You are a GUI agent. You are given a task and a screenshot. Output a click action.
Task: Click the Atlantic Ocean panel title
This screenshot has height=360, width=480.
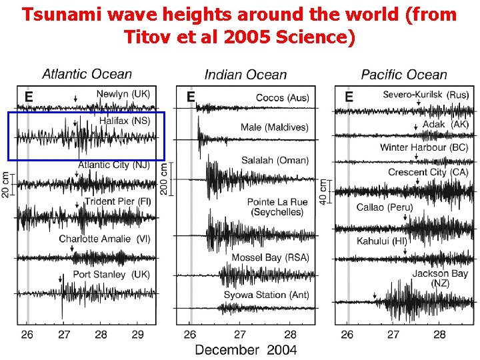tap(87, 75)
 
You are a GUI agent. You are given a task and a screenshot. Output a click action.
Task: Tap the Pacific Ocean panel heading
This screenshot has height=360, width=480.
tap(404, 75)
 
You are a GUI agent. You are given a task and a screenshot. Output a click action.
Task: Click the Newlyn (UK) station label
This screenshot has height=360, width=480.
tap(123, 95)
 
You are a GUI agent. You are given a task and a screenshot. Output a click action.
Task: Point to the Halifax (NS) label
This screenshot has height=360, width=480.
tap(125, 121)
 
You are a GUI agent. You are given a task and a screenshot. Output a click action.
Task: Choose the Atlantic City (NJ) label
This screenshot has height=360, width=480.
tap(114, 165)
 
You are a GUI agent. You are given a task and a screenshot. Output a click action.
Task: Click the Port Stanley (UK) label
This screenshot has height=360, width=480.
tap(111, 274)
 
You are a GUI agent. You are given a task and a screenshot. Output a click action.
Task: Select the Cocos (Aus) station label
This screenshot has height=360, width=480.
tap(282, 98)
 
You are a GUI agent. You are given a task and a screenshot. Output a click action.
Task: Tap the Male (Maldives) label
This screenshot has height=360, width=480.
tap(275, 127)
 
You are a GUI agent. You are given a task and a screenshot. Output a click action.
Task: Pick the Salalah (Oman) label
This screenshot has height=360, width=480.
tap(275, 161)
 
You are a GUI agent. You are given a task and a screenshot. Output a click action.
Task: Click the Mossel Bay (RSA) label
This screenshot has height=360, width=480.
tap(270, 257)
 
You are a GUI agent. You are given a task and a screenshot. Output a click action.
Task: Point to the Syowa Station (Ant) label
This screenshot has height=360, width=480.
tap(267, 294)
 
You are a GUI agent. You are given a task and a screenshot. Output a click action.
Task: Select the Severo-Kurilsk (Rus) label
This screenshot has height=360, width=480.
tap(425, 95)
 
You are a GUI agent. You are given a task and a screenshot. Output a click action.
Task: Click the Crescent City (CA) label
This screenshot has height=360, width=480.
tap(428, 172)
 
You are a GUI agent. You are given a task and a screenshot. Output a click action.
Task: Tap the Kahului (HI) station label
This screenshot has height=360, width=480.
tap(381, 241)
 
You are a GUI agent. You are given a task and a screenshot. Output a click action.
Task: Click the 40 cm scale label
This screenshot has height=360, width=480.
tap(324, 191)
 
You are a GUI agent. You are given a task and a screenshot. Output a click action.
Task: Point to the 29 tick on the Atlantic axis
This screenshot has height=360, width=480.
tap(137, 334)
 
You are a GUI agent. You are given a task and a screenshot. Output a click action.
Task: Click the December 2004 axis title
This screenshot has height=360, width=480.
tap(246, 349)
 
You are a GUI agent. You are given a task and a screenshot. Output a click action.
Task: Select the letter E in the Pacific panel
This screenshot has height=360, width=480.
tap(348, 97)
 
